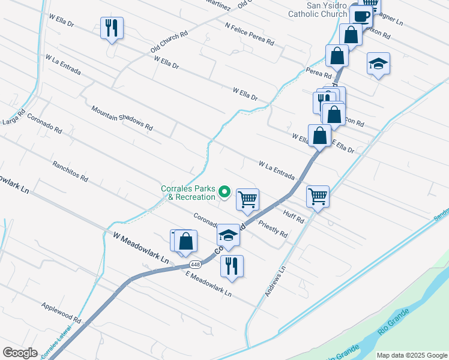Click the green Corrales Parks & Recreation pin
(x=224, y=192)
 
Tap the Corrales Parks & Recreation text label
(x=188, y=193)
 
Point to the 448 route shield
(x=195, y=264)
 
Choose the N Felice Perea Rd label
(x=250, y=34)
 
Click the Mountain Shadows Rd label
(x=122, y=118)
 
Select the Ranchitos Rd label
(x=70, y=171)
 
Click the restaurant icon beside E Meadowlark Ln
(x=232, y=265)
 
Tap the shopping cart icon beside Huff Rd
(x=318, y=196)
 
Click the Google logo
(x=20, y=352)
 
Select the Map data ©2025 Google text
(x=412, y=355)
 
